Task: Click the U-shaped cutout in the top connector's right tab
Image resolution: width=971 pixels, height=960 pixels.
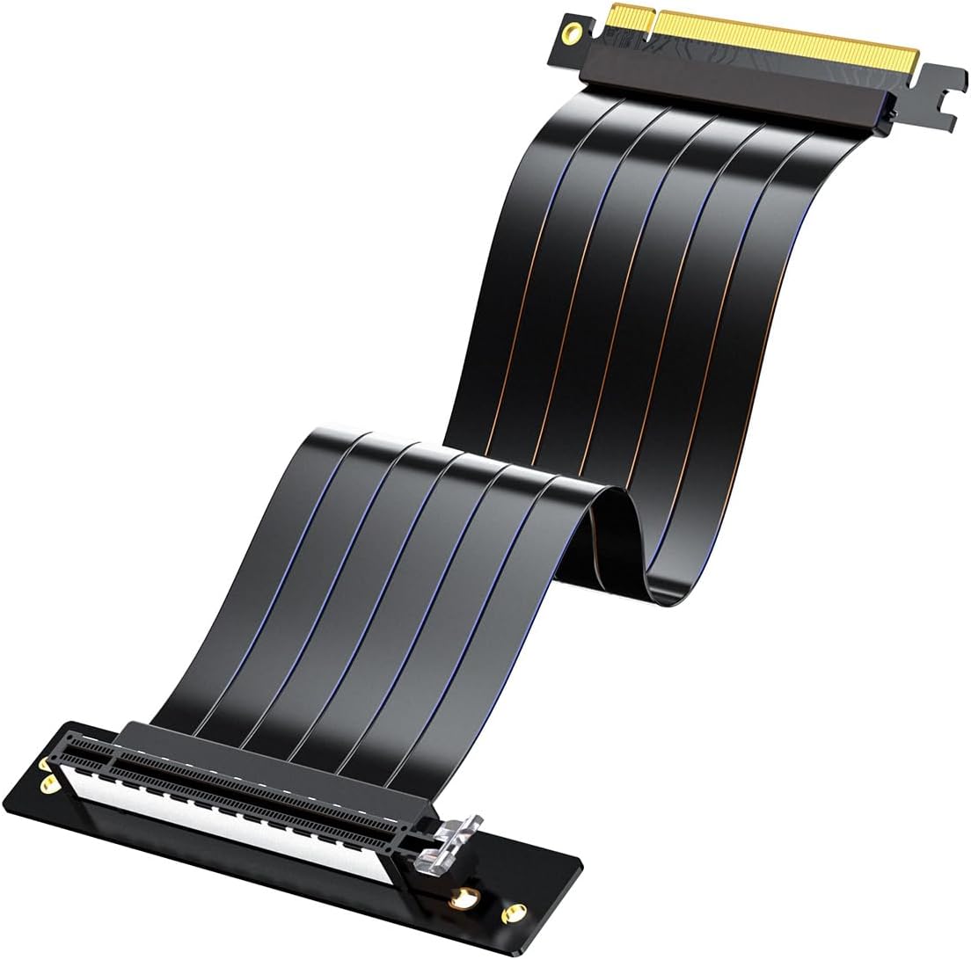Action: (945, 93)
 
